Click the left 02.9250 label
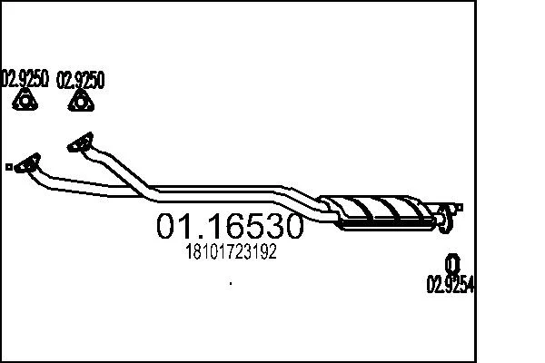[24, 79]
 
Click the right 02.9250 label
[80, 80]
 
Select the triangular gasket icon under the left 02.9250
[25, 100]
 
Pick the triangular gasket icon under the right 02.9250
[81, 101]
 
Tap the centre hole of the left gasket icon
[25, 102]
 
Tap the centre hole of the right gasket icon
[81, 103]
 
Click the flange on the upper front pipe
[80, 142]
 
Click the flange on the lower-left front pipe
[27, 163]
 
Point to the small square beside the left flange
[9, 167]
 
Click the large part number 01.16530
[230, 226]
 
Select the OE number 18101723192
[231, 251]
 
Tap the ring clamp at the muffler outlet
[444, 220]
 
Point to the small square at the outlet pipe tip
[460, 208]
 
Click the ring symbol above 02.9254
[452, 264]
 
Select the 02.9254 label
[451, 284]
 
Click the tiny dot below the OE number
[231, 283]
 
